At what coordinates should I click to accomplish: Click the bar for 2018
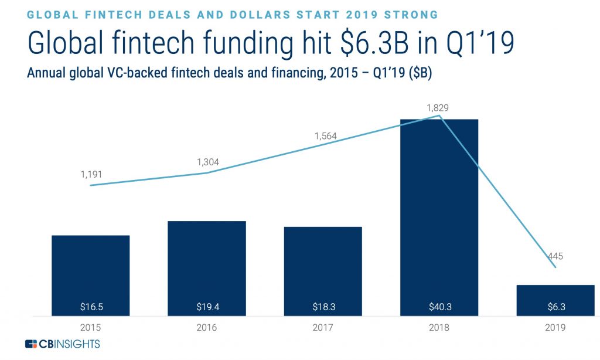439,217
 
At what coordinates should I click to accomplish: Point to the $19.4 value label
206,306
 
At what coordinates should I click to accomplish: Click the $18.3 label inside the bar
322,306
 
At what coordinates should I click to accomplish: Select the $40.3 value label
439,306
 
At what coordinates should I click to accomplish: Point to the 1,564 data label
325,135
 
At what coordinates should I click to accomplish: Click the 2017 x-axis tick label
322,327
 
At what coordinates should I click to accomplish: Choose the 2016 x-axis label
206,327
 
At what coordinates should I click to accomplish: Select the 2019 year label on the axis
555,327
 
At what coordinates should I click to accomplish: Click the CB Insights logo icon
30,344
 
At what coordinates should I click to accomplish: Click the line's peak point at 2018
439,116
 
